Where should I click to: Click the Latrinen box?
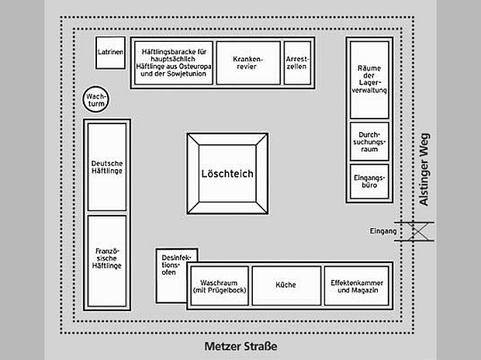click(x=110, y=52)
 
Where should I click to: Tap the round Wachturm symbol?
click(x=99, y=99)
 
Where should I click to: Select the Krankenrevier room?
click(x=247, y=61)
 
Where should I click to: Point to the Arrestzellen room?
click(x=296, y=61)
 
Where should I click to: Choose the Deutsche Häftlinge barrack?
click(x=107, y=167)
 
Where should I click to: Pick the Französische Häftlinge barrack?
click(x=107, y=258)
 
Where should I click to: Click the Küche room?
click(x=285, y=285)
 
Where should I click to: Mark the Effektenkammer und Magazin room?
click(x=356, y=285)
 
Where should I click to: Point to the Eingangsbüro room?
click(x=369, y=182)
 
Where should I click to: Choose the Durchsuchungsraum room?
click(x=369, y=141)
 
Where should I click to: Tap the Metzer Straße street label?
click(x=240, y=346)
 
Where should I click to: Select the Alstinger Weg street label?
click(x=424, y=169)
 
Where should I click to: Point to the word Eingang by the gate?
click(x=383, y=231)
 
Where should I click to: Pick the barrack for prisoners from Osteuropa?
click(x=172, y=61)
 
